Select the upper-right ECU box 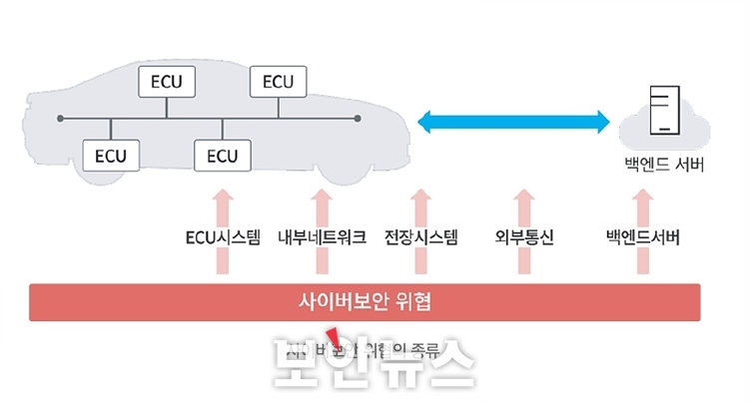pos(279,81)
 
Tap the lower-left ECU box pos(111,156)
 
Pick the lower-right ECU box pos(222,156)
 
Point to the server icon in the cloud pos(662,111)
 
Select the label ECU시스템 pos(223,237)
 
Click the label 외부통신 pos(523,237)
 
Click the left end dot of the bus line pos(61,119)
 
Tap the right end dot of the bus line pos(358,119)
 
